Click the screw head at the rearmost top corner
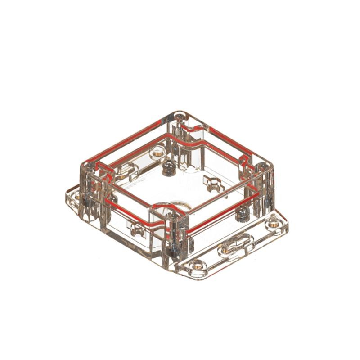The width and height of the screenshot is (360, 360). pos(180,116)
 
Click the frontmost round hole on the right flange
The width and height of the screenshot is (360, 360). pos(197,265)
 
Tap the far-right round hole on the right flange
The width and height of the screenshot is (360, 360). pos(274,221)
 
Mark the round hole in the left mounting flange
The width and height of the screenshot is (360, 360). pos(77,196)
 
